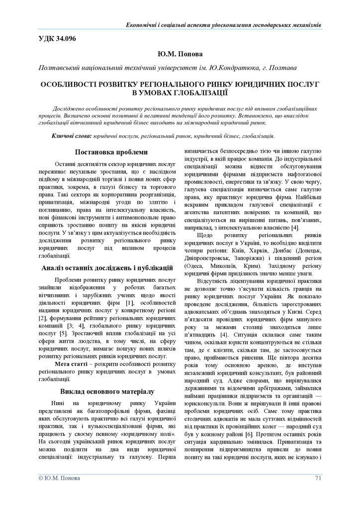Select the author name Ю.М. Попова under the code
click(180, 52)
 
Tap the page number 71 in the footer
click(318, 478)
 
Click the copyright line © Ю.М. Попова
click(58, 478)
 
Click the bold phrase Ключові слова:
click(71, 135)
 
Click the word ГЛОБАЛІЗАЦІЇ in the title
click(204, 91)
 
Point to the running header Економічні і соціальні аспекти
click(224, 24)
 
